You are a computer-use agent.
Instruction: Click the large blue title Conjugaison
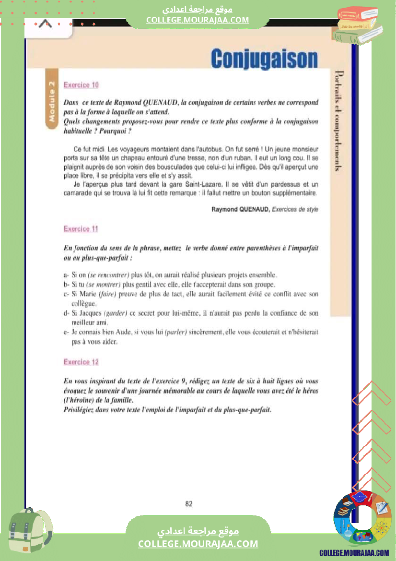pyautogui.click(x=264, y=59)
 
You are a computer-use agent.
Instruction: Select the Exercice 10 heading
pyautogui.click(x=81, y=85)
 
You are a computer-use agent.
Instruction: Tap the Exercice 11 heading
pyautogui.click(x=81, y=229)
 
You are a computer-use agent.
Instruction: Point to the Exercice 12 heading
pyautogui.click(x=81, y=362)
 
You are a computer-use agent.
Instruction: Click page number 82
pyautogui.click(x=188, y=503)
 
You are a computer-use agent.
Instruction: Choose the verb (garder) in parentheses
pyautogui.click(x=115, y=313)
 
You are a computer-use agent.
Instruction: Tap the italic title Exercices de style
pyautogui.click(x=294, y=210)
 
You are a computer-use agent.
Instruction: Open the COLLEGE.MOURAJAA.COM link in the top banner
pyautogui.click(x=198, y=20)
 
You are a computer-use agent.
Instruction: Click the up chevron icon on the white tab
pyautogui.click(x=46, y=24)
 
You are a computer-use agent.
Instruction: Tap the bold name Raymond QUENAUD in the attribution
pyautogui.click(x=240, y=210)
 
